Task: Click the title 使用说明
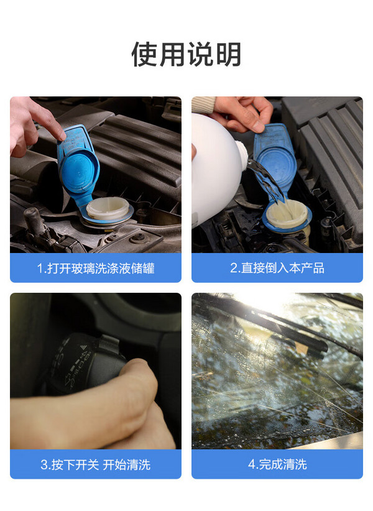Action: (186, 54)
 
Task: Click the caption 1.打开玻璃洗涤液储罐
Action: (96, 268)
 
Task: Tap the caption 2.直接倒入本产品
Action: (277, 268)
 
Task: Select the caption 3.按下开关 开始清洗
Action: (96, 464)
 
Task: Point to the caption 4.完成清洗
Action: (277, 464)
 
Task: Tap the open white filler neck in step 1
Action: (108, 208)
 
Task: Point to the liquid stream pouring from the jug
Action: (265, 179)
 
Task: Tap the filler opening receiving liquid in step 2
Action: (287, 214)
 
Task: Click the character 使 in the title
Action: (145, 55)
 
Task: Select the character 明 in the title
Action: (228, 55)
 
